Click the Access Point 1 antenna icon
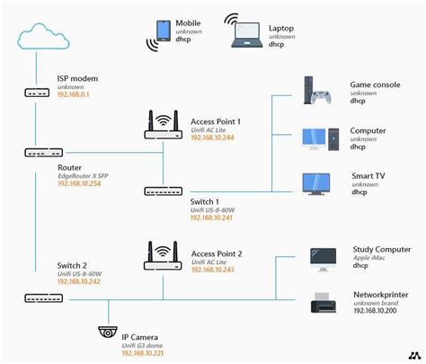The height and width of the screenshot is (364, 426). tap(164, 125)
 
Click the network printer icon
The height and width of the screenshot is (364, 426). tap(323, 302)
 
